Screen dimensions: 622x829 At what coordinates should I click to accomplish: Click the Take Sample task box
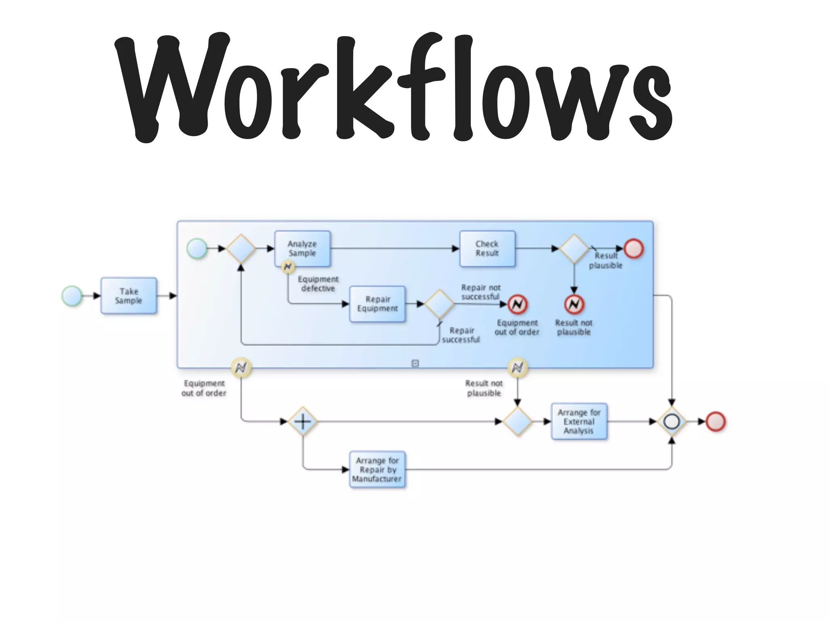pos(129,296)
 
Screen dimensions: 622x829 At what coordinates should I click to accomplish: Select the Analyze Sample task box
pos(302,249)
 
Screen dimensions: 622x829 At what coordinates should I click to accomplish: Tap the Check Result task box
pos(487,249)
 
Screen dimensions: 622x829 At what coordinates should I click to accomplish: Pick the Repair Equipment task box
pos(377,304)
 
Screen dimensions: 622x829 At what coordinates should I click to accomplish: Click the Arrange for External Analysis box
pos(579,422)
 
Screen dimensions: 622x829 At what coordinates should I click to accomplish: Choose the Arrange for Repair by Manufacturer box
pos(377,470)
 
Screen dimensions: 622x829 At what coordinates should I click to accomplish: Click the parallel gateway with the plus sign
pos(302,422)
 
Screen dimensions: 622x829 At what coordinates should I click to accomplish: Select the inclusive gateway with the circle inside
pos(672,422)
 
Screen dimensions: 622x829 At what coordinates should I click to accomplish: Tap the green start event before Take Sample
pos(72,296)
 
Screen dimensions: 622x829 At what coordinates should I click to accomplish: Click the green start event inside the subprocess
pos(197,249)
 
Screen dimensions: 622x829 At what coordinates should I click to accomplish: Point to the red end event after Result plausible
pos(633,249)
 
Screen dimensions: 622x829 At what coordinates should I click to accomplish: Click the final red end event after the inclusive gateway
pos(715,422)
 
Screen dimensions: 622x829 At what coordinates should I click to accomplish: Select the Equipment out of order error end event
pos(518,304)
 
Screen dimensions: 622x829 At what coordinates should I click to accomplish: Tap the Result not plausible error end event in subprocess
pos(574,304)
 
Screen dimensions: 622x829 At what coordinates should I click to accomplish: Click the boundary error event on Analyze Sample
pos(288,267)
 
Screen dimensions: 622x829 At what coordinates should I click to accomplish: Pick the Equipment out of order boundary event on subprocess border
pos(241,368)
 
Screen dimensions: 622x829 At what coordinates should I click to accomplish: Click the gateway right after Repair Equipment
pos(439,304)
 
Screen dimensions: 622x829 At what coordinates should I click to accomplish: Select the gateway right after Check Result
pos(574,249)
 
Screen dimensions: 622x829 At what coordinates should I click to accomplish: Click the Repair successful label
pos(461,335)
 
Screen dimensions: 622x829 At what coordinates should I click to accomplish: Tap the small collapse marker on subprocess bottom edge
pos(415,363)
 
